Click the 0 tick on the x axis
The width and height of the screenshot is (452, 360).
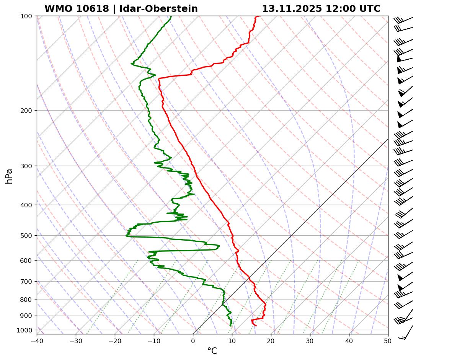[x=193, y=340]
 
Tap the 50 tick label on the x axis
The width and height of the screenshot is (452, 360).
[x=388, y=340]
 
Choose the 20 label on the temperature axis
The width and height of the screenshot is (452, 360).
[x=271, y=340]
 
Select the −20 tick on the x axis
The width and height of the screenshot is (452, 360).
[x=115, y=340]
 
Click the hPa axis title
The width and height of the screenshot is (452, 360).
[x=9, y=176]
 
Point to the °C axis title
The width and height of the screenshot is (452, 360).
[x=212, y=351]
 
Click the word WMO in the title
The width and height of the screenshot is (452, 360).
[x=57, y=9]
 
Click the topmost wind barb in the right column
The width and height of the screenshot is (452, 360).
[x=404, y=19]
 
